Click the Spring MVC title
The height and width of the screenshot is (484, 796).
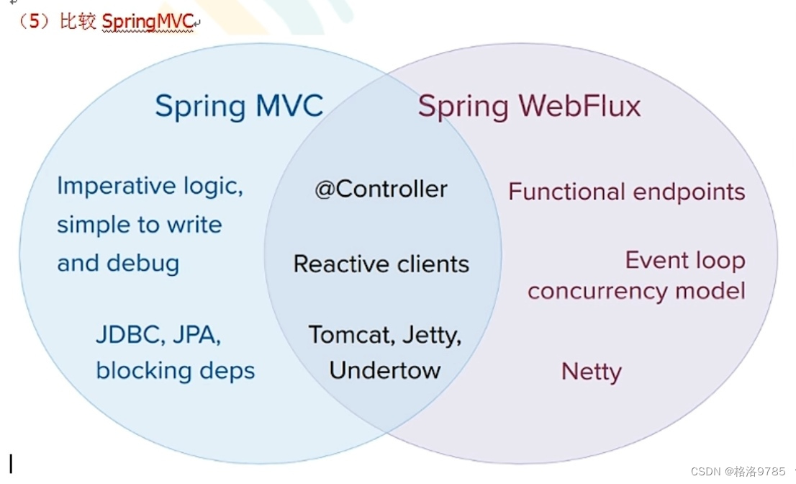[239, 107]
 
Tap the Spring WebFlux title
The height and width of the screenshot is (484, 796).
[529, 107]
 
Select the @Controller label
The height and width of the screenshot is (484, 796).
[381, 189]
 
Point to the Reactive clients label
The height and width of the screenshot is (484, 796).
[381, 264]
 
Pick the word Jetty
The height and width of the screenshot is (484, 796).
[430, 335]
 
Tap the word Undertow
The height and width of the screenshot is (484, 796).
[385, 370]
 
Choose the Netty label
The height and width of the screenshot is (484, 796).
[591, 372]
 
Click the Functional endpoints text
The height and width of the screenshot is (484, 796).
[626, 192]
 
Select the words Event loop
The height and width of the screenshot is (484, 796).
[684, 260]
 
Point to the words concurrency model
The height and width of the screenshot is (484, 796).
[636, 291]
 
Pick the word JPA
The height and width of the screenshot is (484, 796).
[196, 335]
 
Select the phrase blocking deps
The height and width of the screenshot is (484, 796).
[176, 370]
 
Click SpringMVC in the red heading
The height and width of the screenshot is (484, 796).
[148, 22]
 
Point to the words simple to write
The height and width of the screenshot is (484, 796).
[139, 225]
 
